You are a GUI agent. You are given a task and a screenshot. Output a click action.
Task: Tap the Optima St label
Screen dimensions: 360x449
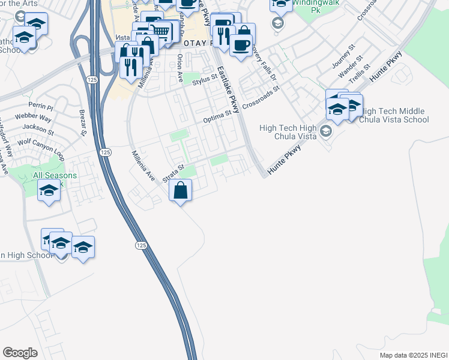(x=217, y=117)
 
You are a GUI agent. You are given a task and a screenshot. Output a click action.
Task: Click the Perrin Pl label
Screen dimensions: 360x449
(x=45, y=106)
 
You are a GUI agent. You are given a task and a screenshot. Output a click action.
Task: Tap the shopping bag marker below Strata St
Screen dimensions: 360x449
(x=181, y=192)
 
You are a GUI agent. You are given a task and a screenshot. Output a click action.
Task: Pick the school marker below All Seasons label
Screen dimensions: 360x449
(x=49, y=192)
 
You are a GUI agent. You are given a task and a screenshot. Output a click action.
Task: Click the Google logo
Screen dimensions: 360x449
(x=20, y=353)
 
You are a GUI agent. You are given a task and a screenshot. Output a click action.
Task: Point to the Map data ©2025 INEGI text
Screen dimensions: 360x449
(x=413, y=355)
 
